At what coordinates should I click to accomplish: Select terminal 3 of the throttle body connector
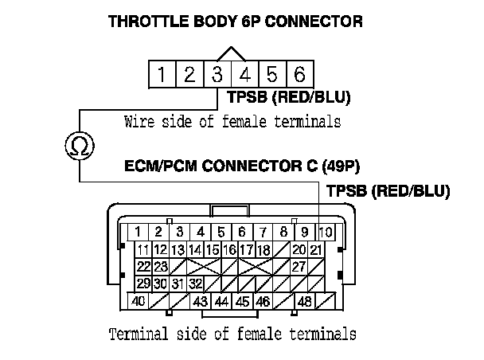(217, 75)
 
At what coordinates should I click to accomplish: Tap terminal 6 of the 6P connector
(299, 75)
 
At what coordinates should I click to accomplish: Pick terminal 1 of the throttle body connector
(162, 75)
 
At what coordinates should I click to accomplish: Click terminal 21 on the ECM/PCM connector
(315, 249)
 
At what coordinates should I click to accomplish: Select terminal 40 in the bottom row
(139, 302)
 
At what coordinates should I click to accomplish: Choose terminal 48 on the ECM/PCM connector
(303, 302)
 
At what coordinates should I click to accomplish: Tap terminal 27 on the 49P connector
(299, 266)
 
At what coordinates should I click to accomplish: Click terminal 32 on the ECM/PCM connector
(195, 284)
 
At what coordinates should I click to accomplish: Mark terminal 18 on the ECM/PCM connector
(263, 249)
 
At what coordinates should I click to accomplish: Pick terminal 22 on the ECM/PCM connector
(144, 266)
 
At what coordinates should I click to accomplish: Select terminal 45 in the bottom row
(242, 302)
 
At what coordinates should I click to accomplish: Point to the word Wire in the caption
(139, 122)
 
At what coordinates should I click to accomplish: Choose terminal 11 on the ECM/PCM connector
(144, 249)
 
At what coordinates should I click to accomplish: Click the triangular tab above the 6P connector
(231, 54)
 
